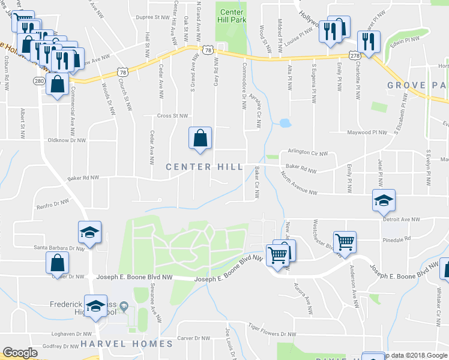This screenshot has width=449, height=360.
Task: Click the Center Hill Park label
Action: pyautogui.click(x=231, y=16)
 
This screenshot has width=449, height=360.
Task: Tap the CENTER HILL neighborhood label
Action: pyautogui.click(x=204, y=167)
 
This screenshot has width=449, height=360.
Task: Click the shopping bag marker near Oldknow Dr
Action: pyautogui.click(x=200, y=138)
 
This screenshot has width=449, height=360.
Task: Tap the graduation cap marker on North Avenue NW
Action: pyautogui.click(x=384, y=201)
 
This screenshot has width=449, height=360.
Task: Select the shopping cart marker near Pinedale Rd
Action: pyautogui.click(x=345, y=242)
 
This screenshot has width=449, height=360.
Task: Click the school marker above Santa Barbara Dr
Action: pyautogui.click(x=89, y=232)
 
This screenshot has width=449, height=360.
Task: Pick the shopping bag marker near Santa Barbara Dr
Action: pyautogui.click(x=57, y=262)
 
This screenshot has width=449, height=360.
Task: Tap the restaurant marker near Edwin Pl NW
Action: pyautogui.click(x=368, y=41)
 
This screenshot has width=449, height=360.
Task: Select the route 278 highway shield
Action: pyautogui.click(x=354, y=55)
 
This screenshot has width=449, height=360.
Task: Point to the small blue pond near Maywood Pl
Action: pyautogui.click(x=285, y=124)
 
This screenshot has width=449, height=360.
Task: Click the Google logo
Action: pyautogui.click(x=20, y=353)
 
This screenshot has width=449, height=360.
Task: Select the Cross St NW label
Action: pyautogui.click(x=172, y=116)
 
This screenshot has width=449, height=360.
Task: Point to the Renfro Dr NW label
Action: pyautogui.click(x=55, y=204)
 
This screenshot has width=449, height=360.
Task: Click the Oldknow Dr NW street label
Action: pyautogui.click(x=67, y=141)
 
